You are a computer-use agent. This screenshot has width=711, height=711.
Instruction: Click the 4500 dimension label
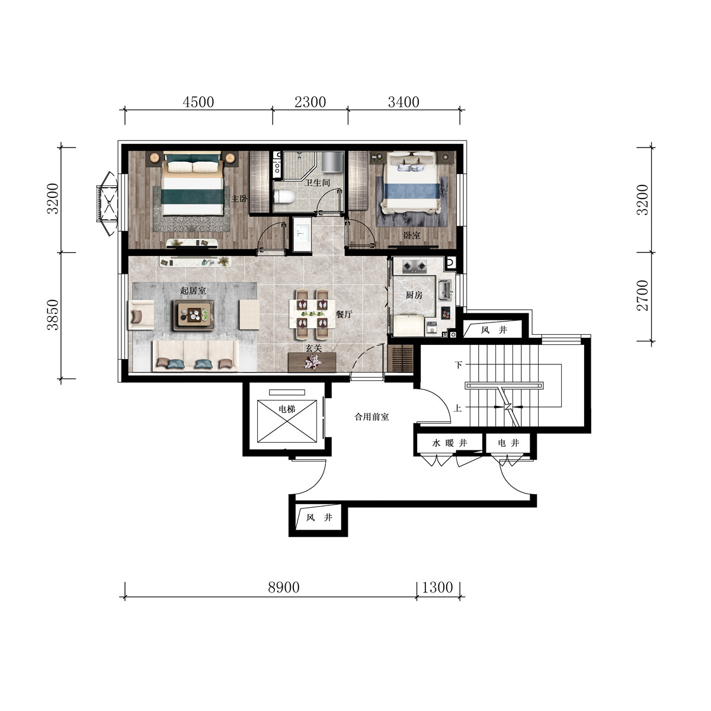198,102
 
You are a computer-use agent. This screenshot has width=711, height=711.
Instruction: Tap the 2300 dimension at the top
310,102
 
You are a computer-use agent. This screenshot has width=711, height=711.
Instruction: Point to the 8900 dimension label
283,587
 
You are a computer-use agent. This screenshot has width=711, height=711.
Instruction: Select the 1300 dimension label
437,587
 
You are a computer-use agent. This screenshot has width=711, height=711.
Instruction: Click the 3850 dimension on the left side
53,315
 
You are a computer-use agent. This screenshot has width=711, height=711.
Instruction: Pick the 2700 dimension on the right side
642,296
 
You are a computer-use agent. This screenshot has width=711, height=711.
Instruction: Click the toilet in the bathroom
284,196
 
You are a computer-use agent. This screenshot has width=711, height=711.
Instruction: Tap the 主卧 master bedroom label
239,199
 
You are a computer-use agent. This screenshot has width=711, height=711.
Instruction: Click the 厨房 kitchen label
414,295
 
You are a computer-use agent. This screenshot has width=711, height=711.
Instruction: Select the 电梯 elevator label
287,409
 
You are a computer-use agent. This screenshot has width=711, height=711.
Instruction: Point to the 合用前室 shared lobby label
371,417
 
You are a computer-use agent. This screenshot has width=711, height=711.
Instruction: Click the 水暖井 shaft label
449,443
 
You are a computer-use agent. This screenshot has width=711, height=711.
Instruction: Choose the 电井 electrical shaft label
508,443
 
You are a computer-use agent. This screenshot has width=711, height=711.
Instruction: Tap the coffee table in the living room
194,315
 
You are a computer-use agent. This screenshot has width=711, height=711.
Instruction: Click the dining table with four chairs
312,314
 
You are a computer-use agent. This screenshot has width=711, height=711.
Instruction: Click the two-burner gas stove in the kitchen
414,266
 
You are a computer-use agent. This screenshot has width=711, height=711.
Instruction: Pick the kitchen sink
444,290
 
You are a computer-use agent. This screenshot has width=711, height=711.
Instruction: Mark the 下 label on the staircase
458,365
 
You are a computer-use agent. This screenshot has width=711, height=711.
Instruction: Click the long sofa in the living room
195,355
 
